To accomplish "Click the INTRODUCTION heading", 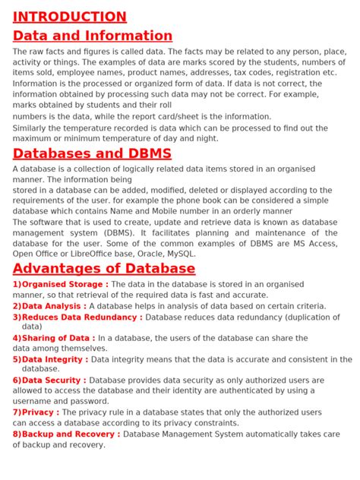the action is click(69, 17).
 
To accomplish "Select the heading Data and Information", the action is click(93, 36).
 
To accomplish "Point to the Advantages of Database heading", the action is click(104, 269).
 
